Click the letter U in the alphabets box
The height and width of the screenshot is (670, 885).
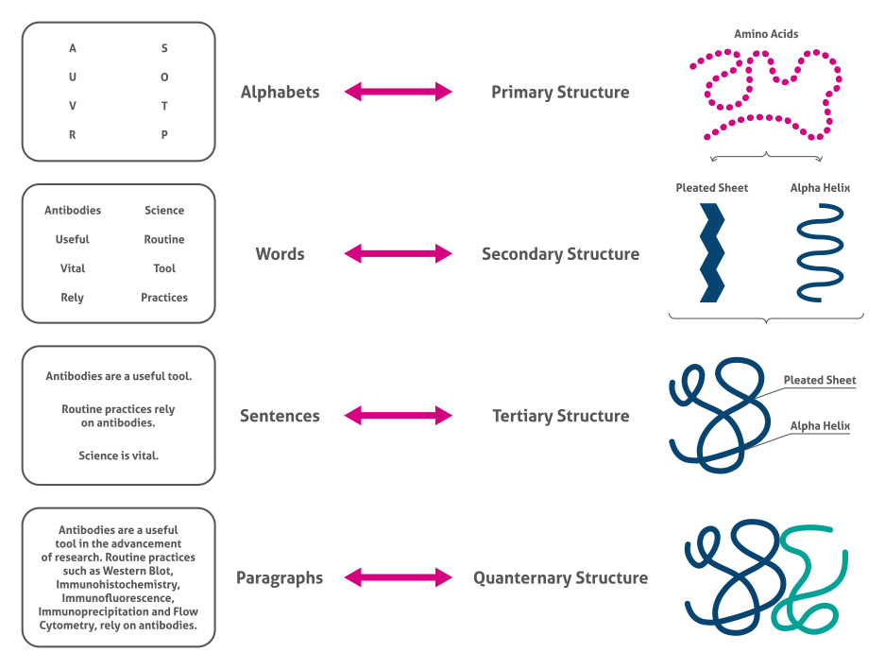pyautogui.click(x=73, y=77)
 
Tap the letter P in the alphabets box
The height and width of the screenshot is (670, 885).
pyautogui.click(x=164, y=135)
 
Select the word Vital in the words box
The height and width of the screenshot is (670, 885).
pyautogui.click(x=73, y=268)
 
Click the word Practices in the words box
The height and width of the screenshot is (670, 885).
pyautogui.click(x=164, y=298)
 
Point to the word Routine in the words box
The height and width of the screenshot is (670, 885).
pyautogui.click(x=164, y=240)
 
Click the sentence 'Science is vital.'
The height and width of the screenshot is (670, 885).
pyautogui.click(x=119, y=455)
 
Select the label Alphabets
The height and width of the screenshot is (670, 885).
pyautogui.click(x=280, y=93)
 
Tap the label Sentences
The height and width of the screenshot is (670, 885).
pyautogui.click(x=280, y=416)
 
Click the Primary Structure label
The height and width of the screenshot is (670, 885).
pyautogui.click(x=560, y=93)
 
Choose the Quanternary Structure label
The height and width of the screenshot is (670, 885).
pyautogui.click(x=560, y=577)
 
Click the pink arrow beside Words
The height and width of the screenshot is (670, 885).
pyautogui.click(x=398, y=254)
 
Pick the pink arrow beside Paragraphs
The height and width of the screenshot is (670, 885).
pyautogui.click(x=398, y=577)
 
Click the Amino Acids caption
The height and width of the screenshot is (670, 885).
pyautogui.click(x=766, y=34)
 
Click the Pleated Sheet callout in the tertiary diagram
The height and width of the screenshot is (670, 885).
pyautogui.click(x=819, y=381)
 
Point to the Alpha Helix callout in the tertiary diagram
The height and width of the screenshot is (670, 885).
pyautogui.click(x=820, y=426)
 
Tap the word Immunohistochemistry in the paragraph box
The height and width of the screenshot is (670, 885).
pyautogui.click(x=119, y=584)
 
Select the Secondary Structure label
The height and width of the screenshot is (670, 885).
pyautogui.click(x=560, y=254)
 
